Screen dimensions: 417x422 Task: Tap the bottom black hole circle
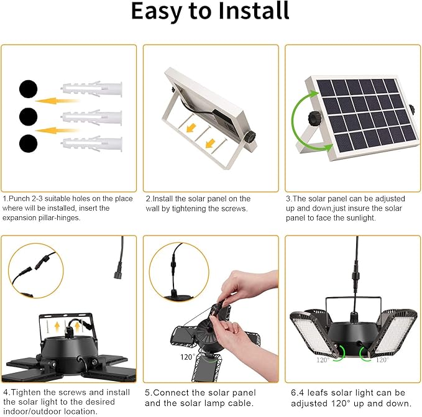pos(29,144)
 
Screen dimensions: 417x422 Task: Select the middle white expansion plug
pos(92,117)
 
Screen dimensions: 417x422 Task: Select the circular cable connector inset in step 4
pos(35,270)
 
